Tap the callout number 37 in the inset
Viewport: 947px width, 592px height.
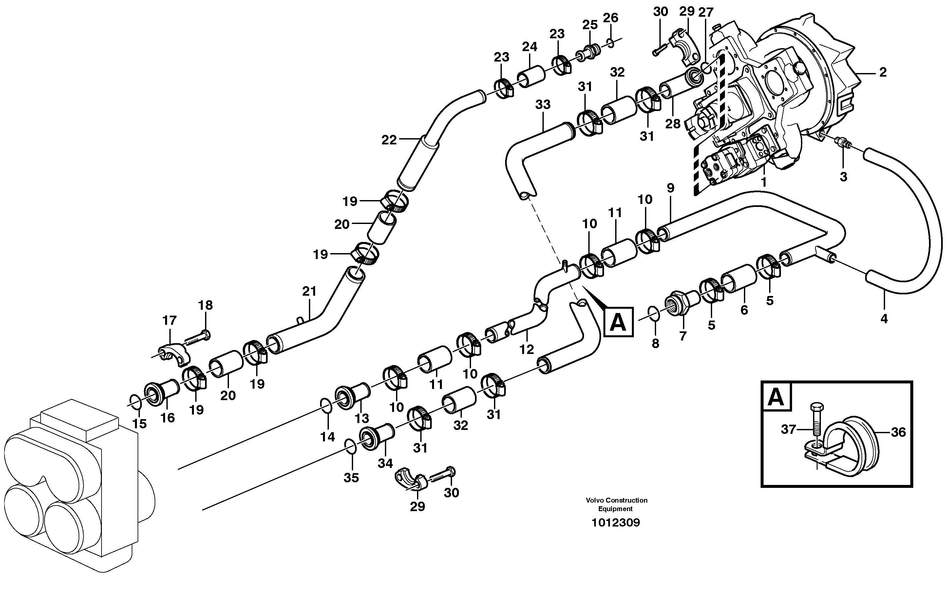pos(788,430)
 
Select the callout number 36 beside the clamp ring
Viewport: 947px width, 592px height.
pos(898,432)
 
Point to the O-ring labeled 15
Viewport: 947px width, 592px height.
pos(135,402)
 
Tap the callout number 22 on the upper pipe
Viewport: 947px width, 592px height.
pos(388,140)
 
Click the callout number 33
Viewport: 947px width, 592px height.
pos(543,104)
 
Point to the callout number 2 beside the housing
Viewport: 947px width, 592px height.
pos(883,72)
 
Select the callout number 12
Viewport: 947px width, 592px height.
pos(526,349)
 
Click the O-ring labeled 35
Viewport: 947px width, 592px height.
pos(350,446)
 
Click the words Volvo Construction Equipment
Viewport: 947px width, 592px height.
pos(616,504)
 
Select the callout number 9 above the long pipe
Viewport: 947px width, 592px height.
pos(670,188)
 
